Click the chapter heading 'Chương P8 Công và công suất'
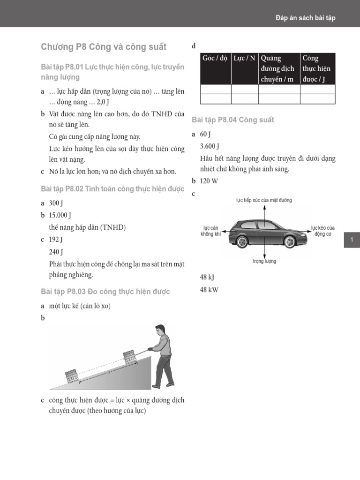(x=103, y=47)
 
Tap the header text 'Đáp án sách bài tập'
(x=305, y=18)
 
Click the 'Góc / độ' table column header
(x=215, y=59)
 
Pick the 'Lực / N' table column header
(x=244, y=59)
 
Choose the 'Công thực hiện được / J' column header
(x=317, y=68)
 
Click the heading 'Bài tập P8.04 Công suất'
(x=233, y=120)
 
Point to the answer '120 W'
(x=209, y=181)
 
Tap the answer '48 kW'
(x=209, y=290)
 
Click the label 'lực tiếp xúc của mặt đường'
(x=264, y=200)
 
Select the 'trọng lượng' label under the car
(x=264, y=261)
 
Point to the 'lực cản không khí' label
(x=210, y=231)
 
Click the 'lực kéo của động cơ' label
(x=323, y=231)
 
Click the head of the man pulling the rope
(x=160, y=330)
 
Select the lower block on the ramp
(x=71, y=375)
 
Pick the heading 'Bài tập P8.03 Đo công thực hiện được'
(x=105, y=292)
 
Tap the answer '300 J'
(x=56, y=203)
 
